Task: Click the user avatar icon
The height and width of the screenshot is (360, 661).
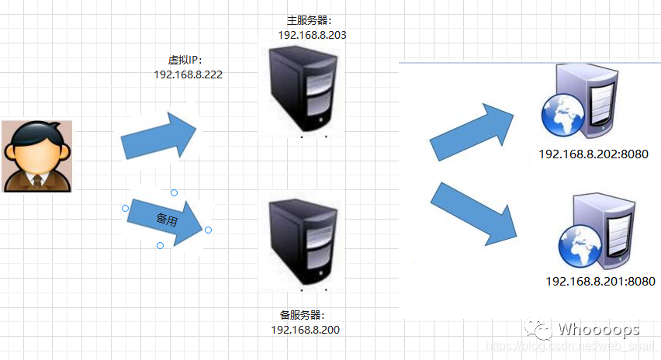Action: pyautogui.click(x=36, y=155)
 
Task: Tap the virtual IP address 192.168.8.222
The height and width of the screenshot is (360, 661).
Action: pyautogui.click(x=189, y=74)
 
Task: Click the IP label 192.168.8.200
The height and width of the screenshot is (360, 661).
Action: pyautogui.click(x=305, y=330)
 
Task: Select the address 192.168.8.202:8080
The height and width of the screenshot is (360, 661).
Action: pyautogui.click(x=593, y=154)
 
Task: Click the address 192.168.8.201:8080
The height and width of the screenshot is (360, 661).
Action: pyautogui.click(x=600, y=281)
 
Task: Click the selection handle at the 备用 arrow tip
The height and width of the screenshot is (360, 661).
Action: pyautogui.click(x=208, y=230)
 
